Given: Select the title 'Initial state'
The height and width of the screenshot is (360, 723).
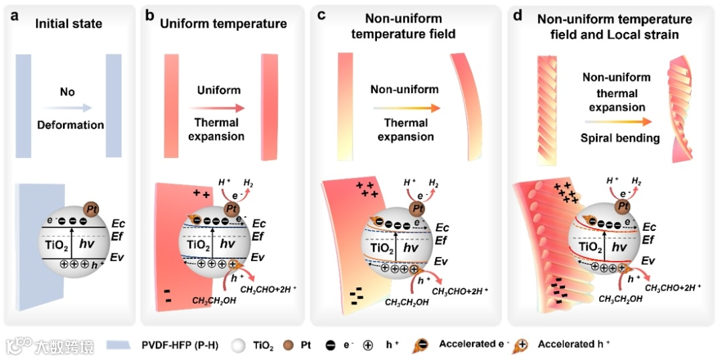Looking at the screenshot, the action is pyautogui.click(x=69, y=24).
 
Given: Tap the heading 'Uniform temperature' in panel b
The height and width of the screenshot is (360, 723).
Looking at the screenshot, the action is pyautogui.click(x=224, y=24).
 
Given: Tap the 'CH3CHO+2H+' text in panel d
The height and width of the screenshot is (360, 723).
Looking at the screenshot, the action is pyautogui.click(x=673, y=286).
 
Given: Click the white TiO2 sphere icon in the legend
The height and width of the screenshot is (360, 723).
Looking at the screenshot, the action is pyautogui.click(x=237, y=345).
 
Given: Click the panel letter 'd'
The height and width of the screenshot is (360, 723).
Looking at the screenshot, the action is pyautogui.click(x=517, y=15).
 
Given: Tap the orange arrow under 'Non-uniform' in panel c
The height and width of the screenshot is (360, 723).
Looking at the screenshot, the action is pyautogui.click(x=406, y=107).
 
